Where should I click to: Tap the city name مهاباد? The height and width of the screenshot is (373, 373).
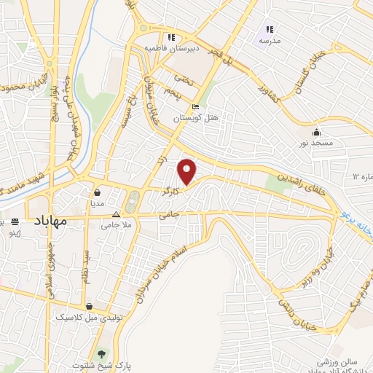(50, 220)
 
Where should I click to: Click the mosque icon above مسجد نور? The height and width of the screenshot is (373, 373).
(316, 132)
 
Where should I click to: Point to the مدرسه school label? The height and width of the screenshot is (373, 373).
(270, 41)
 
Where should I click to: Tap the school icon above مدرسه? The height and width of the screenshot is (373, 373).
(270, 30)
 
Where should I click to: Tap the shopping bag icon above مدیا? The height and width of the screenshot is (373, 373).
(97, 193)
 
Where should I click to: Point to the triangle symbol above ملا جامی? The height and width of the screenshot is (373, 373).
(117, 215)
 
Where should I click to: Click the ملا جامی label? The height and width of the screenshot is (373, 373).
(117, 226)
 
